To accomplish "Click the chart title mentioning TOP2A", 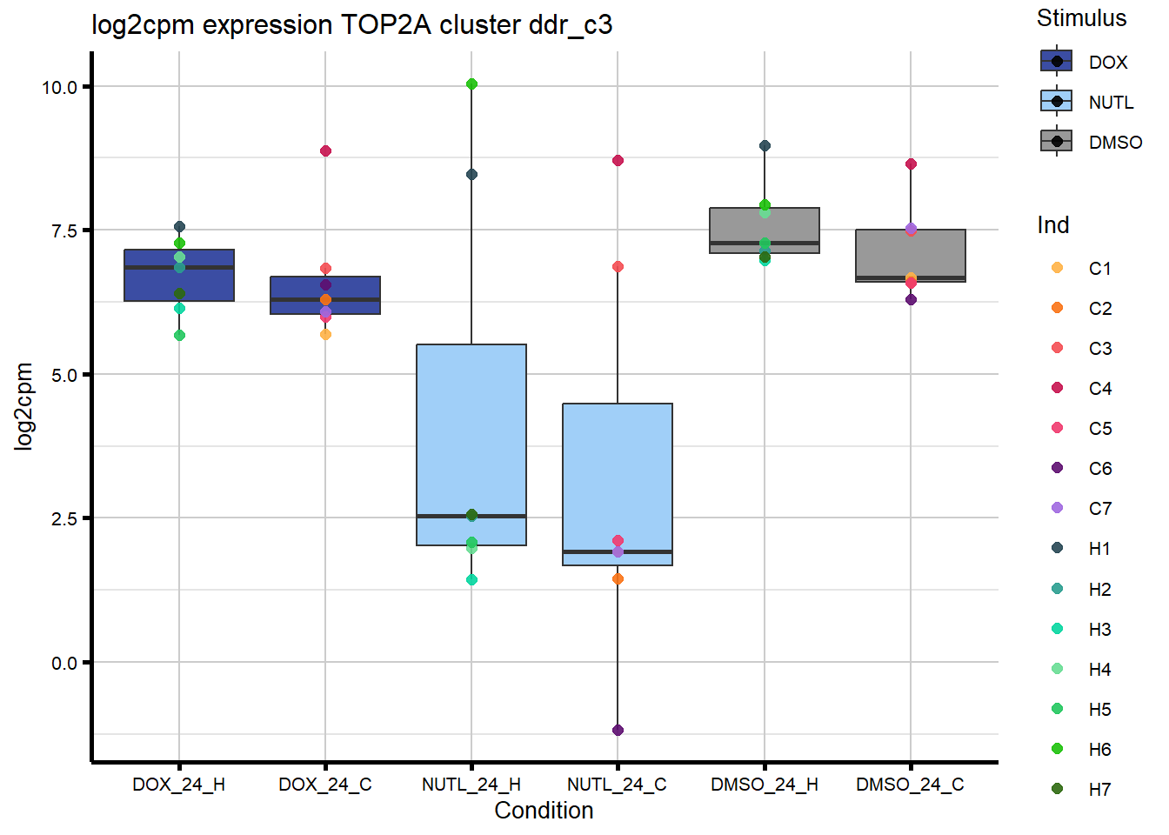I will tap(351, 25).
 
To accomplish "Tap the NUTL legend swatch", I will tap(1057, 102).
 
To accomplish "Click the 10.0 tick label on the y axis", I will tap(59, 87).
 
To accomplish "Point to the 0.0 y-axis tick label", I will tap(64, 664).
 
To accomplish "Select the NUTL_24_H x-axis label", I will tap(471, 785).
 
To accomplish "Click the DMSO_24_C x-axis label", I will tap(910, 785).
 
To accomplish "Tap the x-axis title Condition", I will tap(544, 811).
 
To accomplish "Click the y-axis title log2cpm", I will tap(23, 406).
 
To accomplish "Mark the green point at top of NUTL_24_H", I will tap(471, 84).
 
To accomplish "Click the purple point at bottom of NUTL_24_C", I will tap(618, 731).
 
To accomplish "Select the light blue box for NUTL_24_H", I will tap(471, 417).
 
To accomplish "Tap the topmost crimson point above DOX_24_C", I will tap(325, 151).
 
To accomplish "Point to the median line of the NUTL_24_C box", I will tap(618, 551).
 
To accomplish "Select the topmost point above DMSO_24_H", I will tap(765, 146).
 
